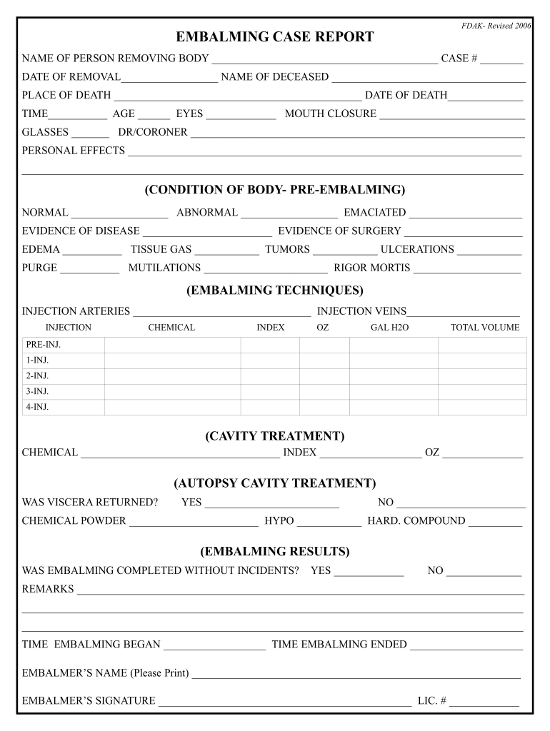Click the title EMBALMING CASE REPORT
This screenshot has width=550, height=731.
tap(275, 37)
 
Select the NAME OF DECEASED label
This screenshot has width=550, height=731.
tap(275, 77)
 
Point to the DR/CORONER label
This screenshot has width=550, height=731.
tap(153, 132)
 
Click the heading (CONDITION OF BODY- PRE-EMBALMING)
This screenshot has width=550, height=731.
tap(275, 190)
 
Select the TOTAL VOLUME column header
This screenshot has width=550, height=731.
tap(485, 328)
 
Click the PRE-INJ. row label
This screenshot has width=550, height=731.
tap(44, 345)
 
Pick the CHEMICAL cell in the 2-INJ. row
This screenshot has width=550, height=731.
tap(172, 376)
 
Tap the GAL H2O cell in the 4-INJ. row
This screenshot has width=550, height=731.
tap(394, 408)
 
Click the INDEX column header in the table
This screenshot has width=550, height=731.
tap(271, 328)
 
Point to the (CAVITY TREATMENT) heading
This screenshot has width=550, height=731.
tap(275, 436)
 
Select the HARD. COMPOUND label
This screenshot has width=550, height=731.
tap(416, 521)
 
